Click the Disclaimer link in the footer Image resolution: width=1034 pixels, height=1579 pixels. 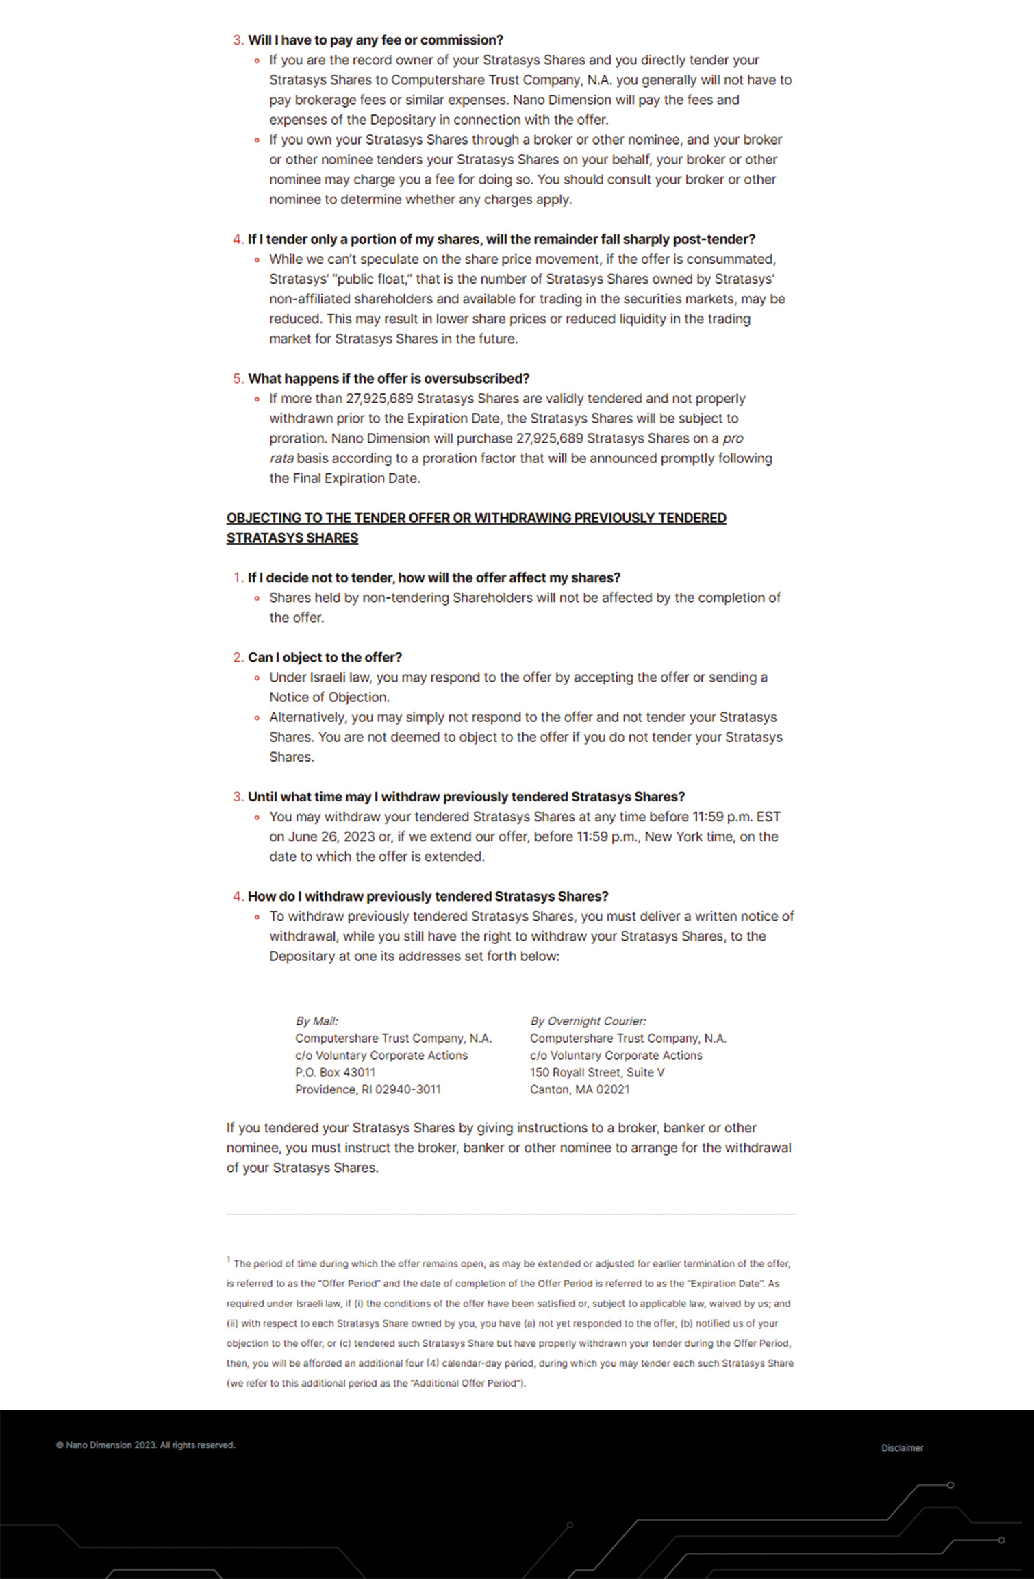tap(902, 1447)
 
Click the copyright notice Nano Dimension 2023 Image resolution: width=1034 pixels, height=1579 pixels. tap(145, 1445)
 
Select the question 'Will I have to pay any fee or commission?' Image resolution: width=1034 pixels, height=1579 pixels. tap(375, 40)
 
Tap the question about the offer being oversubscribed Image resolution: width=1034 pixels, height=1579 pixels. tap(388, 379)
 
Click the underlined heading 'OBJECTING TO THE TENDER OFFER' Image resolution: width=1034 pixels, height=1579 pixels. tap(476, 519)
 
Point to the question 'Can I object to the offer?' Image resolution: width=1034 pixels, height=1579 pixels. tap(325, 658)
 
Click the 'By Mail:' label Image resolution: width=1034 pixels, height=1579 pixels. tap(316, 1021)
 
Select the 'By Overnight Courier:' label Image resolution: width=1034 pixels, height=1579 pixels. tap(588, 1021)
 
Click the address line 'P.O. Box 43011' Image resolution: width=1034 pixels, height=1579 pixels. tap(335, 1072)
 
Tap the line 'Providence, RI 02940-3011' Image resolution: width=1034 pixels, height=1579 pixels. tap(368, 1089)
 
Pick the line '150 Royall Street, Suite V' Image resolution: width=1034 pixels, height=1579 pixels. tap(596, 1072)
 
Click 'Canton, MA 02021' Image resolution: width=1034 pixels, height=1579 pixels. tap(579, 1089)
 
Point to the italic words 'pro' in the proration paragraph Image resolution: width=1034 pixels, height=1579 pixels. tap(733, 438)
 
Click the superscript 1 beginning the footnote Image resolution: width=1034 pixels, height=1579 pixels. tap(229, 1260)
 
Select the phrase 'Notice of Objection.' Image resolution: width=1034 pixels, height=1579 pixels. tap(329, 697)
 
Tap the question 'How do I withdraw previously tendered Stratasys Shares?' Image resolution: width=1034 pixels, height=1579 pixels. tap(428, 897)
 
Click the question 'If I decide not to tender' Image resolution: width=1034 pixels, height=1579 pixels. tap(433, 578)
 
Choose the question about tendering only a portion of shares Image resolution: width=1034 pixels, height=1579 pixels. tap(501, 240)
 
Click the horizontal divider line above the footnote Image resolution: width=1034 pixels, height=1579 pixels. tap(511, 1215)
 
